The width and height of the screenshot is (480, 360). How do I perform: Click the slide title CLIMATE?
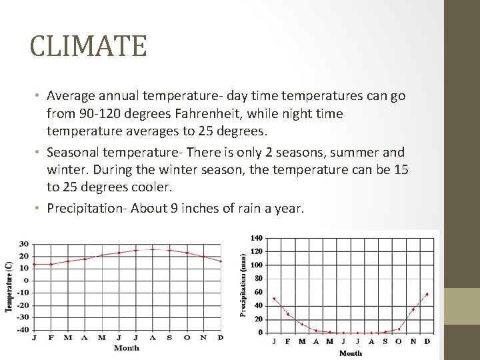click(88, 47)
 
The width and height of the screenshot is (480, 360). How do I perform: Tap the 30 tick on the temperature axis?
click(23, 243)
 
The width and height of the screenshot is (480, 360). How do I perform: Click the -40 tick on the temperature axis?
click(22, 329)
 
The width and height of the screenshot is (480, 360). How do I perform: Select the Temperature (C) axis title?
click(9, 286)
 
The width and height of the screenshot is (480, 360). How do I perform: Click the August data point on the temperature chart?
click(153, 249)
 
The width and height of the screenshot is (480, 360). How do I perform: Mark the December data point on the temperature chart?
click(221, 261)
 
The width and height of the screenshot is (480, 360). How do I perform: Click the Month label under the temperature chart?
click(127, 348)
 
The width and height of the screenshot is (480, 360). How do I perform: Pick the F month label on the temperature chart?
click(51, 337)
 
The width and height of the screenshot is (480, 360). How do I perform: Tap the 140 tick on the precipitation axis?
click(257, 238)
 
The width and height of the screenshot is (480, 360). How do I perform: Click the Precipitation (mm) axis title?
click(243, 284)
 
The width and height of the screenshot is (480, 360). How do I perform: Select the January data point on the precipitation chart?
click(274, 299)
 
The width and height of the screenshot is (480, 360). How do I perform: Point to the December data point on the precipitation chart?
click(427, 294)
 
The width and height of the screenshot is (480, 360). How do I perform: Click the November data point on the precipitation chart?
click(413, 309)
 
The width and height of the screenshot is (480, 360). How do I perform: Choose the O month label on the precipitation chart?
click(399, 341)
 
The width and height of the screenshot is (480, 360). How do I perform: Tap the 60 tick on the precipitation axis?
click(259, 292)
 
